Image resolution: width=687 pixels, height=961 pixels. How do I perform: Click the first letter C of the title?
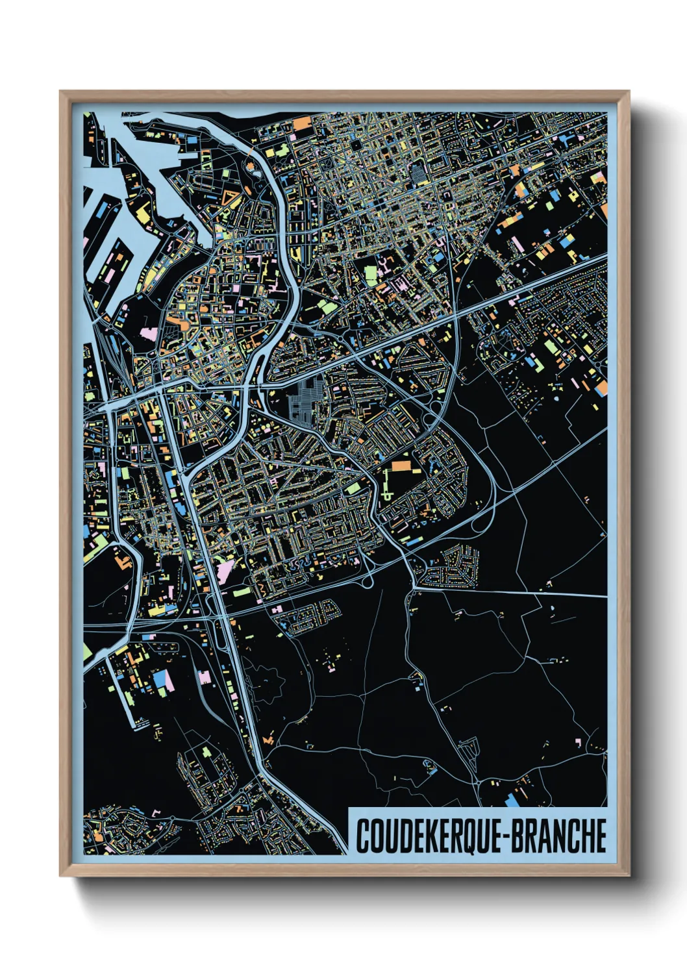click(362, 836)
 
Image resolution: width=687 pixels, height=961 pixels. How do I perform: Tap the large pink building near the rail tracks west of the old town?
click(149, 334)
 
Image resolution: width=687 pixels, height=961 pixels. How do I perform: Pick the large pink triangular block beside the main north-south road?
click(225, 571)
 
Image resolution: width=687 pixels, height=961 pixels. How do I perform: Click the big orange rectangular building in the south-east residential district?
click(401, 466)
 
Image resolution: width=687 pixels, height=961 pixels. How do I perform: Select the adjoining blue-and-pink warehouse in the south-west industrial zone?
click(162, 680)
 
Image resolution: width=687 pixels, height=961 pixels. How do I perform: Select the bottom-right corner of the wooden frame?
click(628, 875)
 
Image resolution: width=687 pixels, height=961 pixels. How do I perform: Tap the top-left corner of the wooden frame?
click(60, 92)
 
